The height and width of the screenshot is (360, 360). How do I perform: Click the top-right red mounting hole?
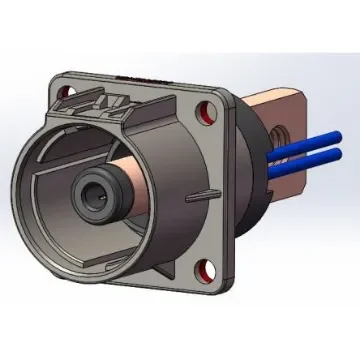(x=208, y=109)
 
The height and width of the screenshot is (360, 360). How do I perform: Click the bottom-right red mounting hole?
(x=208, y=268)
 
